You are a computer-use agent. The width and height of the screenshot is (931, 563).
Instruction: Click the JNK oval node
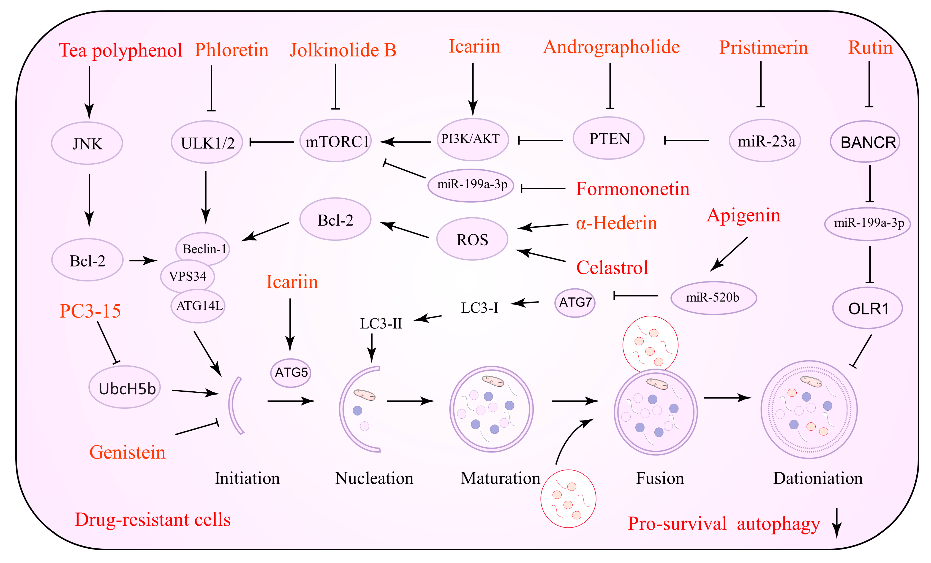(87, 143)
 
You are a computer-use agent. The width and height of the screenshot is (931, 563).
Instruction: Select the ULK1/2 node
(207, 142)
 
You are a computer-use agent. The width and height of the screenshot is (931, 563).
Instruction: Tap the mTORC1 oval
(335, 141)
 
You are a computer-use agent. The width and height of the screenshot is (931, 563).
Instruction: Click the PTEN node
(608, 138)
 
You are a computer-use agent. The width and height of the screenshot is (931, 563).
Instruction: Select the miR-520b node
(713, 298)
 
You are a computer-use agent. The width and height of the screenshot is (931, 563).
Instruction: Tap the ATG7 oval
(575, 302)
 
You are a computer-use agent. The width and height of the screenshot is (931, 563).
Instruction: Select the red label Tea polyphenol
(120, 50)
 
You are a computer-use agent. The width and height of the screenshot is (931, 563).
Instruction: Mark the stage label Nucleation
(374, 478)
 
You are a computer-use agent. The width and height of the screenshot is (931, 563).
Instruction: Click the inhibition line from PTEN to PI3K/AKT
(540, 140)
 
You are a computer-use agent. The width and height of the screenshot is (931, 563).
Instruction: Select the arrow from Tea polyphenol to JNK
(89, 92)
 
